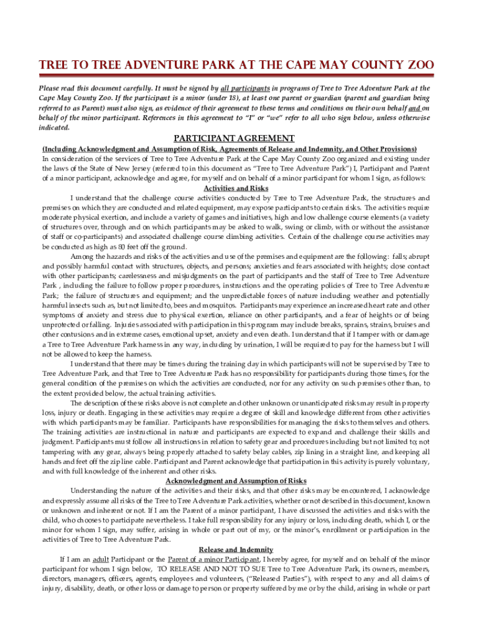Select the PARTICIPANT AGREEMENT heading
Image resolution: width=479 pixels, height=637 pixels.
(x=234, y=138)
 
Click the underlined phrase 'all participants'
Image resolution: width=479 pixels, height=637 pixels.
(x=245, y=88)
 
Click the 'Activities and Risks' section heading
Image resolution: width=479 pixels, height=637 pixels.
(x=236, y=188)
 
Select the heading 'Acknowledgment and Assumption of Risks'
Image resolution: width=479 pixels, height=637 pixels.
(x=236, y=481)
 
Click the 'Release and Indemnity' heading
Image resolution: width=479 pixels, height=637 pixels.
(x=236, y=549)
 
